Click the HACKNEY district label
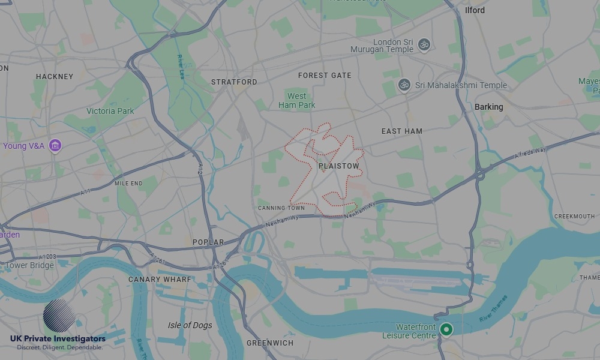tap(55, 77)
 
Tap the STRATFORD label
tap(234, 82)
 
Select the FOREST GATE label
tap(325, 76)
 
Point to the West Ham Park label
tap(297, 101)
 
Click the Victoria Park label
tap(110, 111)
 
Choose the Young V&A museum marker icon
tap(55, 145)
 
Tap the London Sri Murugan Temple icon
tap(424, 44)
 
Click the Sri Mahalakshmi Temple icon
tap(404, 85)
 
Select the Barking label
tap(488, 107)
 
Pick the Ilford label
tap(475, 10)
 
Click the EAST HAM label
tap(402, 131)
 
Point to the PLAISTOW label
tap(339, 166)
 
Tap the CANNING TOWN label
tap(277, 208)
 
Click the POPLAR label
tap(208, 242)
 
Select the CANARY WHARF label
tap(160, 280)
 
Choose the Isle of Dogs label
tap(190, 325)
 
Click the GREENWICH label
tap(270, 343)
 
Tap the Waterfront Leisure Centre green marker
tap(446, 329)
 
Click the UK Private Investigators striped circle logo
tap(59, 316)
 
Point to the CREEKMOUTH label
tap(574, 217)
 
